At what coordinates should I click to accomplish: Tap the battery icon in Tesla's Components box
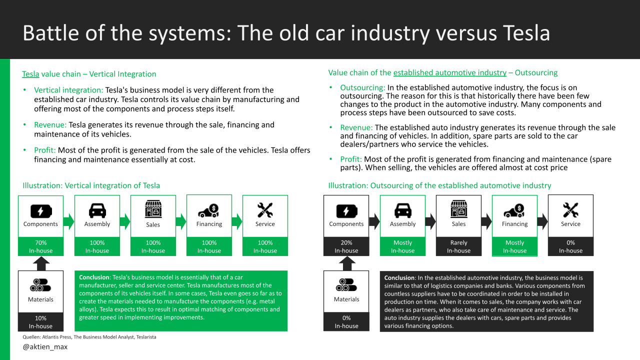(x=41, y=210)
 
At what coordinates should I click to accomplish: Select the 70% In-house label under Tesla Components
(x=41, y=246)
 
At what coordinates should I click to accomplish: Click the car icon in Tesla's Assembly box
(x=97, y=210)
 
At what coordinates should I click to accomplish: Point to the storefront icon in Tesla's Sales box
(x=153, y=209)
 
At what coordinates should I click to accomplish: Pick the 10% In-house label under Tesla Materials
(x=41, y=322)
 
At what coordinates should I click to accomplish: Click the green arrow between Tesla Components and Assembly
(x=69, y=220)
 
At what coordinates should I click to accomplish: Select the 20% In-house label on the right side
(x=346, y=246)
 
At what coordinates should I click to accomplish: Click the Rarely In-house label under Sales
(x=458, y=246)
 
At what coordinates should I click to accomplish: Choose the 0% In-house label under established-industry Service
(x=570, y=246)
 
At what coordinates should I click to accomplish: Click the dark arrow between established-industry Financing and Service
(x=542, y=220)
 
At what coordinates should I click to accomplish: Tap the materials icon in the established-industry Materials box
(x=346, y=284)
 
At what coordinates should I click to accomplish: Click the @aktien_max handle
(x=45, y=346)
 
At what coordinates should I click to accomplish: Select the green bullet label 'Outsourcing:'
(x=362, y=88)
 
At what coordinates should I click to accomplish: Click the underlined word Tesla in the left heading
(x=30, y=74)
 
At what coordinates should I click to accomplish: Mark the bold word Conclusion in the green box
(x=94, y=277)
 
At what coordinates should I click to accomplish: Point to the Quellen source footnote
(x=89, y=337)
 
